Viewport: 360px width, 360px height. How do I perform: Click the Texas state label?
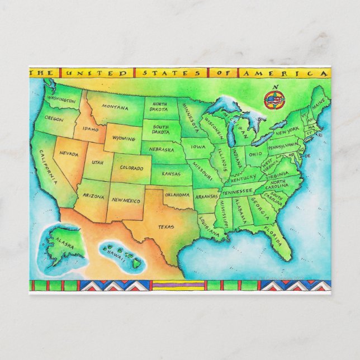165,227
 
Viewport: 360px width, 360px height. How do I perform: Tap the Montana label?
115,107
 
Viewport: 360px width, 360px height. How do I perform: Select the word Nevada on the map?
68,153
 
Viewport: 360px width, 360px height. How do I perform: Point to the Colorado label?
131,167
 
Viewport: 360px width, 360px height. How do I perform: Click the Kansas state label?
170,174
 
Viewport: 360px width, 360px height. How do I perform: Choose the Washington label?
61,100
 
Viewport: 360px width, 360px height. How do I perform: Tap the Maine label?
319,103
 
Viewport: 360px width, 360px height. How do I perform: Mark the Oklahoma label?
177,196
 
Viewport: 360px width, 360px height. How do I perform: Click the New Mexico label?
125,200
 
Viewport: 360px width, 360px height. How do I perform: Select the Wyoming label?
124,138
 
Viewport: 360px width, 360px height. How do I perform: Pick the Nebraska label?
162,150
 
